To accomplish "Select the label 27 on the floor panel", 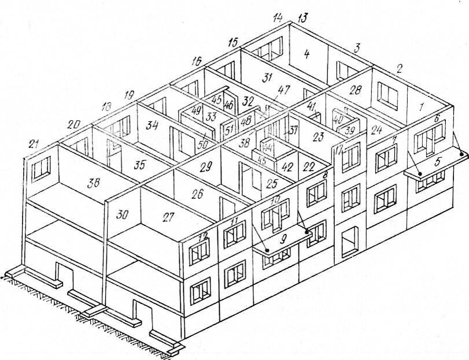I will [168, 217].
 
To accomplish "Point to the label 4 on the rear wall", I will [306, 55].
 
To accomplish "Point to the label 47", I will [284, 90].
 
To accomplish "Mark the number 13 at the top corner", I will [302, 18].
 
